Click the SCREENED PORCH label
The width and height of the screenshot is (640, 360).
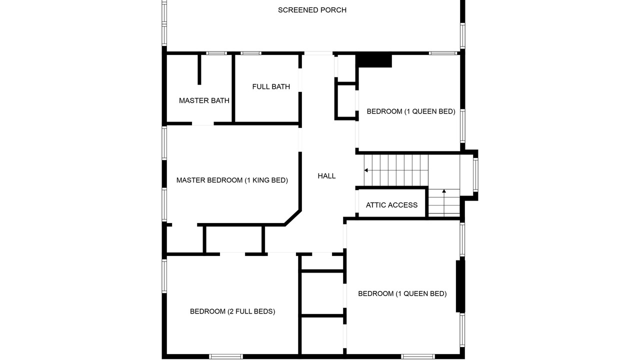[x=312, y=10]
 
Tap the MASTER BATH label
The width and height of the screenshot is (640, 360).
[x=204, y=100]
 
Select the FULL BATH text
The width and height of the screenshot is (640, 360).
[x=271, y=86]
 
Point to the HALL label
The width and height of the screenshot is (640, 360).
[x=326, y=176]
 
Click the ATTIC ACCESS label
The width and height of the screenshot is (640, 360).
[x=391, y=205]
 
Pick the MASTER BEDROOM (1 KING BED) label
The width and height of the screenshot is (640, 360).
[x=232, y=180]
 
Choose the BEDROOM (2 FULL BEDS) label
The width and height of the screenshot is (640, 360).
[x=232, y=311]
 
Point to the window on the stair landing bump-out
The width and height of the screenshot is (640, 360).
[x=475, y=175]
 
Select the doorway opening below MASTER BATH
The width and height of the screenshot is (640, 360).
[x=203, y=123]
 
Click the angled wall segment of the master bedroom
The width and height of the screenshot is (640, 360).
[x=293, y=217]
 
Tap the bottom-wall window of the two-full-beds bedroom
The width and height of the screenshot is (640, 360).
[x=225, y=356]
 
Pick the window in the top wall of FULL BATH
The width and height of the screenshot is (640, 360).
[x=250, y=53]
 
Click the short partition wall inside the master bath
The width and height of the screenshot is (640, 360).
[x=199, y=69]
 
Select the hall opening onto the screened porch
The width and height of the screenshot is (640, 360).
[x=318, y=53]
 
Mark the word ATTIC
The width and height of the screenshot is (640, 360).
[x=374, y=205]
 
